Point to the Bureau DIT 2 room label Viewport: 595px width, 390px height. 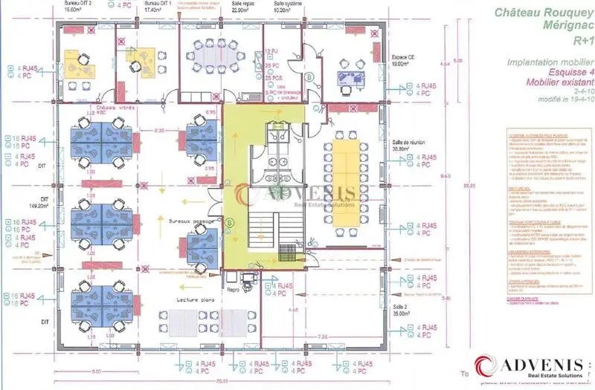[x=78, y=4]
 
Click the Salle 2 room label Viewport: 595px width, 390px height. [x=401, y=305]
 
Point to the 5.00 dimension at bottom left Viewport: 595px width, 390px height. [x=96, y=371]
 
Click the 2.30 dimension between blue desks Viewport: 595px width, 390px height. [x=159, y=130]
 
